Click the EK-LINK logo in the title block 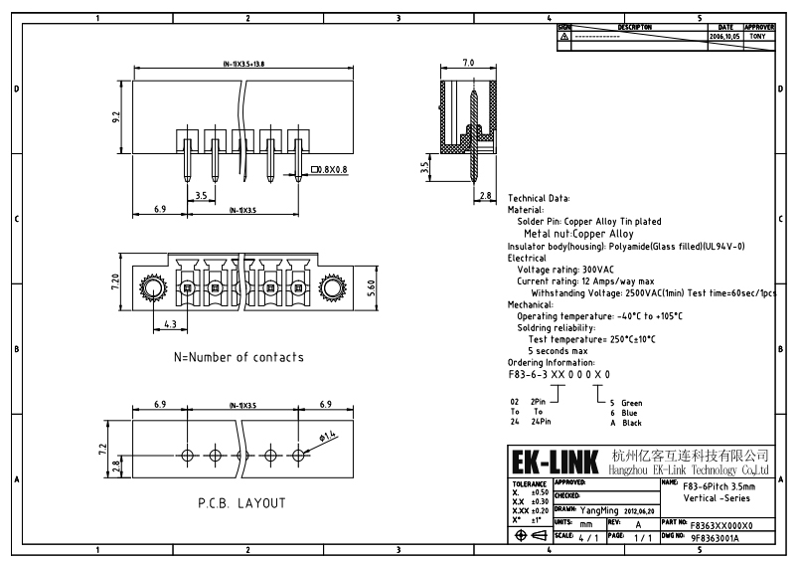click(555, 463)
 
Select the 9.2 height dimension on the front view click(116, 116)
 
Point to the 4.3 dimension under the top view click(169, 324)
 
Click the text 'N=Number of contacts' click(239, 357)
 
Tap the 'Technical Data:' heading click(539, 199)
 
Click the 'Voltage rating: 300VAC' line click(565, 270)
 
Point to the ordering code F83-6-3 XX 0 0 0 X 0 click(559, 374)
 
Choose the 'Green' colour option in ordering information click(632, 403)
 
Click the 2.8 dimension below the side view click(486, 196)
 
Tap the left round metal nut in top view click(153, 289)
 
